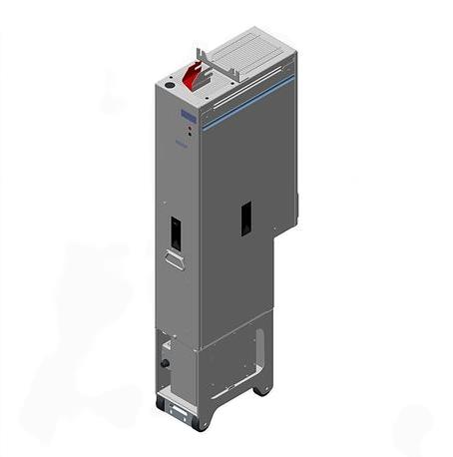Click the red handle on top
(x=197, y=74)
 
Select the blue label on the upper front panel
(x=185, y=119)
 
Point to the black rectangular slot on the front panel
(x=175, y=231)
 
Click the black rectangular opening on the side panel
(x=244, y=218)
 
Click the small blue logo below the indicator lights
(x=185, y=146)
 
